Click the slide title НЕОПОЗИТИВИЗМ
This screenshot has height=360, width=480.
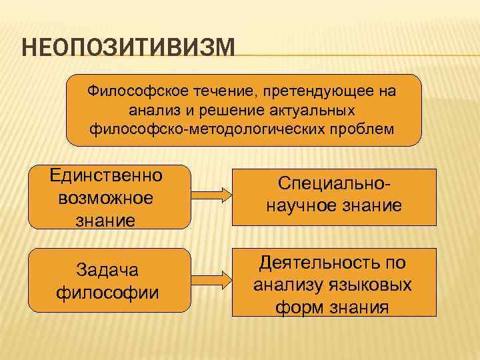click(129, 48)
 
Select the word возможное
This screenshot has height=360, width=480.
click(106, 197)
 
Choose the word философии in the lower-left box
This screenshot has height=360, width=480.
click(107, 291)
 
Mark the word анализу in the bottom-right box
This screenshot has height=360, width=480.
click(288, 285)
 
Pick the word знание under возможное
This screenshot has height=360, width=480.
click(106, 219)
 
